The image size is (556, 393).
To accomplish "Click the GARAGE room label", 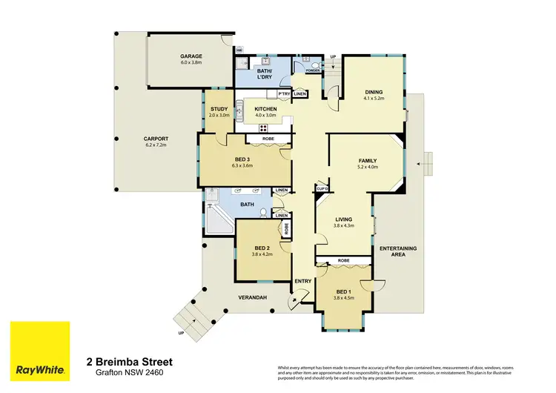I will click(191, 56).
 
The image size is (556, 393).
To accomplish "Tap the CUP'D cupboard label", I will click(322, 190).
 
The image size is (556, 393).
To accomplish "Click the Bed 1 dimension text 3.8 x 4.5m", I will click(343, 298).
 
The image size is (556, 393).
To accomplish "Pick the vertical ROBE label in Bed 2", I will click(285, 231).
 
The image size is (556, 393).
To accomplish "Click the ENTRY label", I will click(303, 281).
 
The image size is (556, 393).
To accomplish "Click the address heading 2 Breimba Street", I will click(130, 362).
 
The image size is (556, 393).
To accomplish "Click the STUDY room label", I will click(219, 109).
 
